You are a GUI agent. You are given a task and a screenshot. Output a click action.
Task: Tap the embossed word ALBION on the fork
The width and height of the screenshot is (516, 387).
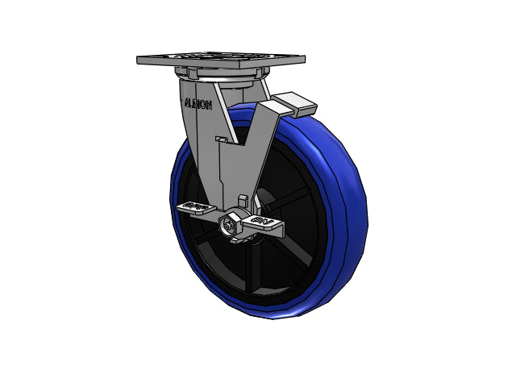(x=198, y=104)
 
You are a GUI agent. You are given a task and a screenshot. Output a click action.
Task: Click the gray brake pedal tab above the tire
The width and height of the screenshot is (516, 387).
(x=294, y=105)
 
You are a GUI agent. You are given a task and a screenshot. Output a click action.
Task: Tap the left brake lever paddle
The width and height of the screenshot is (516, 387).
(x=196, y=207)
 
